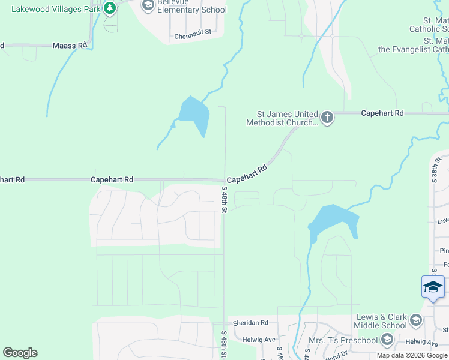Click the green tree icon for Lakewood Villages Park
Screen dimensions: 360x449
point(109,8)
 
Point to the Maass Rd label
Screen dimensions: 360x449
point(70,45)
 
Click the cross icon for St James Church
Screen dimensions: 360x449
point(327,117)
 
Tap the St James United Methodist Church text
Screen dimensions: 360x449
point(282,118)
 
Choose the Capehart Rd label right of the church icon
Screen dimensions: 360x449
point(382,113)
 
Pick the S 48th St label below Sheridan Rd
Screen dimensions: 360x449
point(224,344)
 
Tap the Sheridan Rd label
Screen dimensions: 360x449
point(251,322)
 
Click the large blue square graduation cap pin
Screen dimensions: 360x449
point(433,286)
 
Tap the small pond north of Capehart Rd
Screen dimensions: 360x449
point(194,113)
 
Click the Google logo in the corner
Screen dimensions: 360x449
point(20,353)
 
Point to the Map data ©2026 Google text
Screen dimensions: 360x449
point(412,355)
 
